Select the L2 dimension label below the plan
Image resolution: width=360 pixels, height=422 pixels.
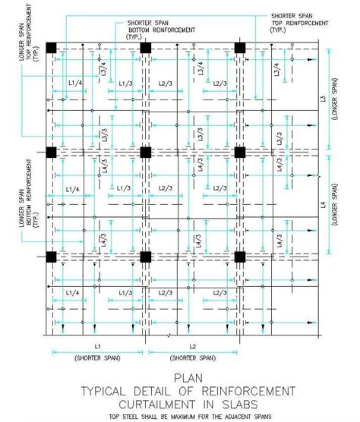(x=192, y=346)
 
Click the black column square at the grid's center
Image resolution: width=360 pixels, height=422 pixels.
(x=145, y=153)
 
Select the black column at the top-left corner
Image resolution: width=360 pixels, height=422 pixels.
(x=52, y=48)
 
